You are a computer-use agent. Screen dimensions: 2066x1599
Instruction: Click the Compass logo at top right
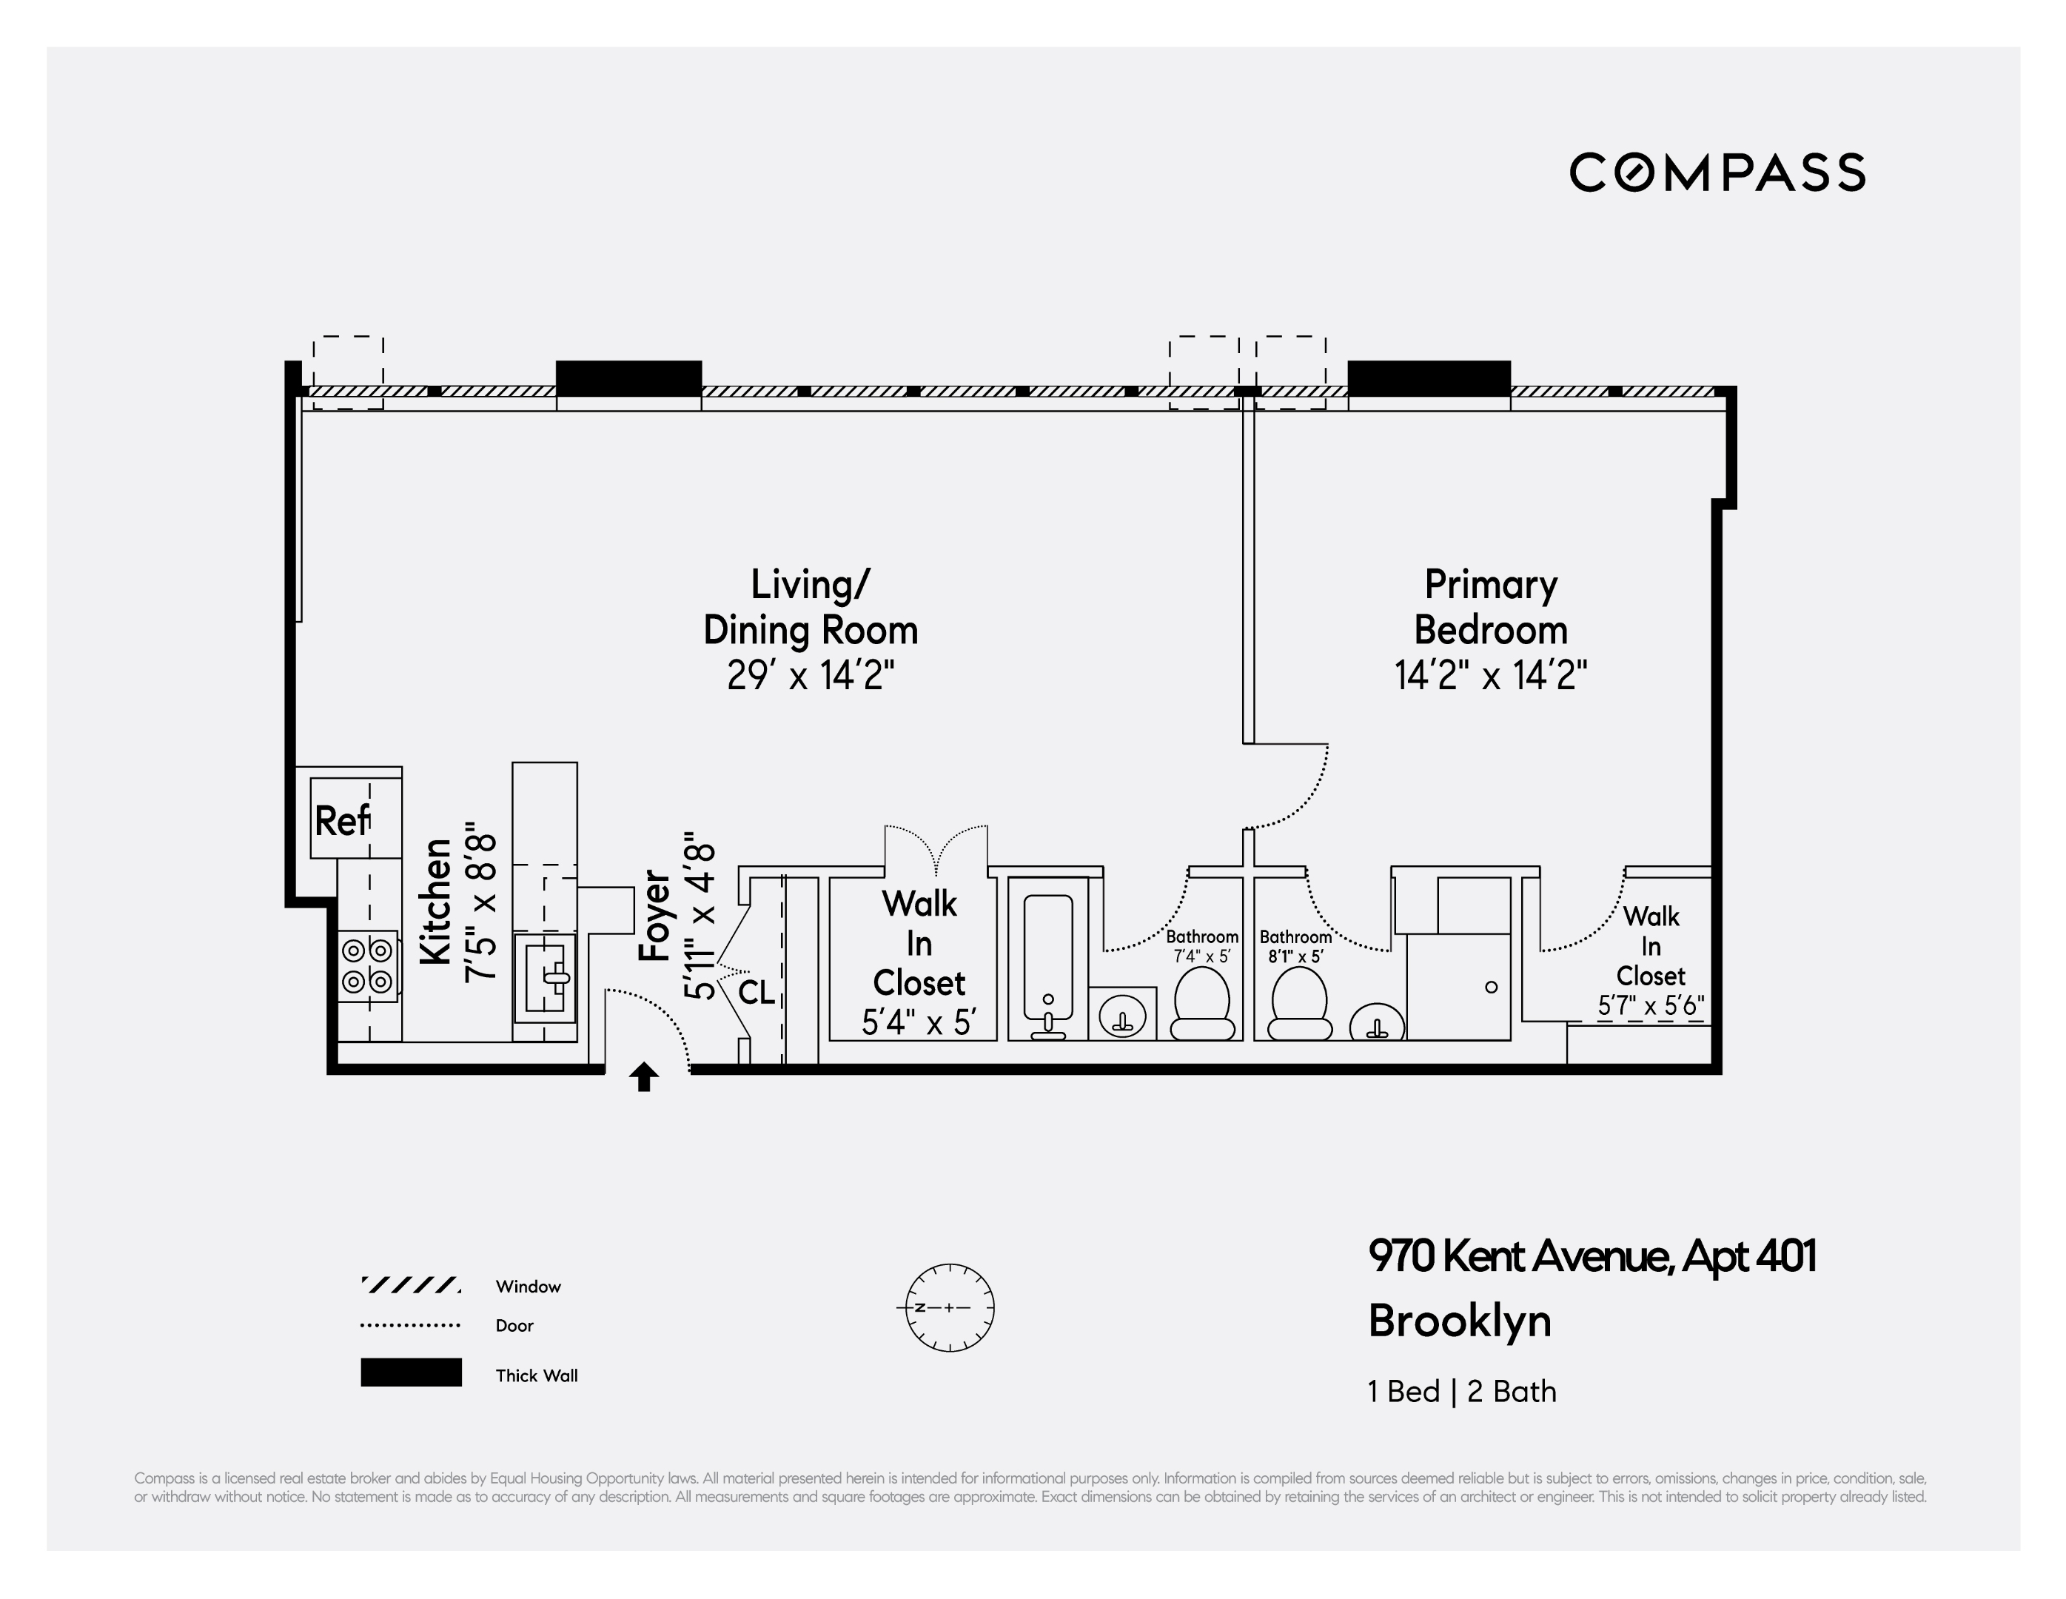coord(1717,172)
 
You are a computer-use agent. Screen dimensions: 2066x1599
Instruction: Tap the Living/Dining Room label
coord(811,606)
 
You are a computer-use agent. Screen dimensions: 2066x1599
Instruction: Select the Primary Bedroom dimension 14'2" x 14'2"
coord(1491,676)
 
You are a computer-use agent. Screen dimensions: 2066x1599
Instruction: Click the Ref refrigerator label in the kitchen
coord(341,820)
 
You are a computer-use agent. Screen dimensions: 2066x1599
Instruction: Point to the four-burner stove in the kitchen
coord(368,965)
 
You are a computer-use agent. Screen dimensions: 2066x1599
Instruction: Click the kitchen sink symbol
coord(545,977)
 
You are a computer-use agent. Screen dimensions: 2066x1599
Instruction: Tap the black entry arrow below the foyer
coord(644,1076)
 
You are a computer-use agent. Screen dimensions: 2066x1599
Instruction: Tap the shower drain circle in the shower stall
coord(1492,987)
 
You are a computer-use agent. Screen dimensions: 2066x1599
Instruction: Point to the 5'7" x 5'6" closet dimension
coord(1651,1006)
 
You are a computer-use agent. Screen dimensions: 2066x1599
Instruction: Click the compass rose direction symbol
coord(949,1307)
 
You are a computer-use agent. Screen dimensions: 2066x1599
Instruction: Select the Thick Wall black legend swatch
coord(411,1373)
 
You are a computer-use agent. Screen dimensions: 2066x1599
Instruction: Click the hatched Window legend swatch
coord(411,1285)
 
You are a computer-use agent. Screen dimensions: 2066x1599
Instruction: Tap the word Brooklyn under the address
coord(1460,1323)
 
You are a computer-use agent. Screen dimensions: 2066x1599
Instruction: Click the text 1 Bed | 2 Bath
coord(1461,1391)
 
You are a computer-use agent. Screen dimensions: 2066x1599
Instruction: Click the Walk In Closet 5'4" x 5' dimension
coord(919,1023)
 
